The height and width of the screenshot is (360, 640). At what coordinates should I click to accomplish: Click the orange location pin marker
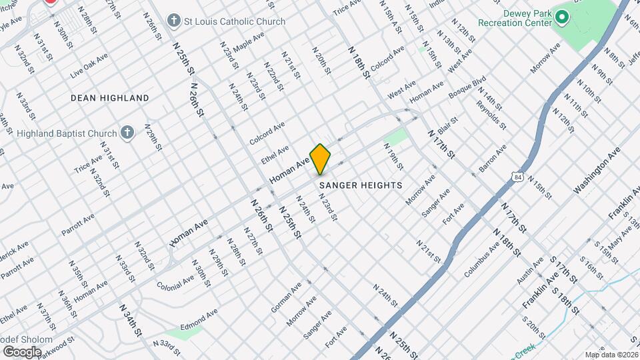(x=320, y=159)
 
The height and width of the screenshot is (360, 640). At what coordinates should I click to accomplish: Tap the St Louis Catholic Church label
(x=235, y=21)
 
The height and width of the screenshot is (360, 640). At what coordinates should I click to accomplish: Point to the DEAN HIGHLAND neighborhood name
(x=110, y=98)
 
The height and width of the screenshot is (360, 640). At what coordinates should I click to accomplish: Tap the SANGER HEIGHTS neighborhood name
(x=361, y=185)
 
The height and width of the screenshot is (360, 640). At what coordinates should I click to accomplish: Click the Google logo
(x=22, y=351)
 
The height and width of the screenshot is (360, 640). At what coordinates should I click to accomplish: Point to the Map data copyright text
(x=611, y=355)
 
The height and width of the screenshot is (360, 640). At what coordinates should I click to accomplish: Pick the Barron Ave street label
(x=493, y=160)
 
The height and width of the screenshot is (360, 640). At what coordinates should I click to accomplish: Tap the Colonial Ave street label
(x=175, y=275)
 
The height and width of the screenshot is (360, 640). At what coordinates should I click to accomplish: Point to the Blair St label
(x=446, y=125)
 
